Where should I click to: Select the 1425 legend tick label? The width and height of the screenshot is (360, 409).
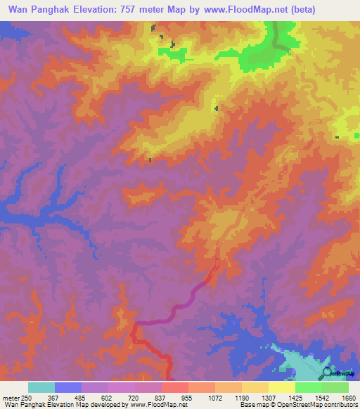coord(296,398)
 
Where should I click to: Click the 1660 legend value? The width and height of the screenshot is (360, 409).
coord(349,398)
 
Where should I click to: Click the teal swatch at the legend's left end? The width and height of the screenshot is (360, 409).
coord(41,387)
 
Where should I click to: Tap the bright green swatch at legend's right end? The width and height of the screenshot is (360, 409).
coord(335,387)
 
